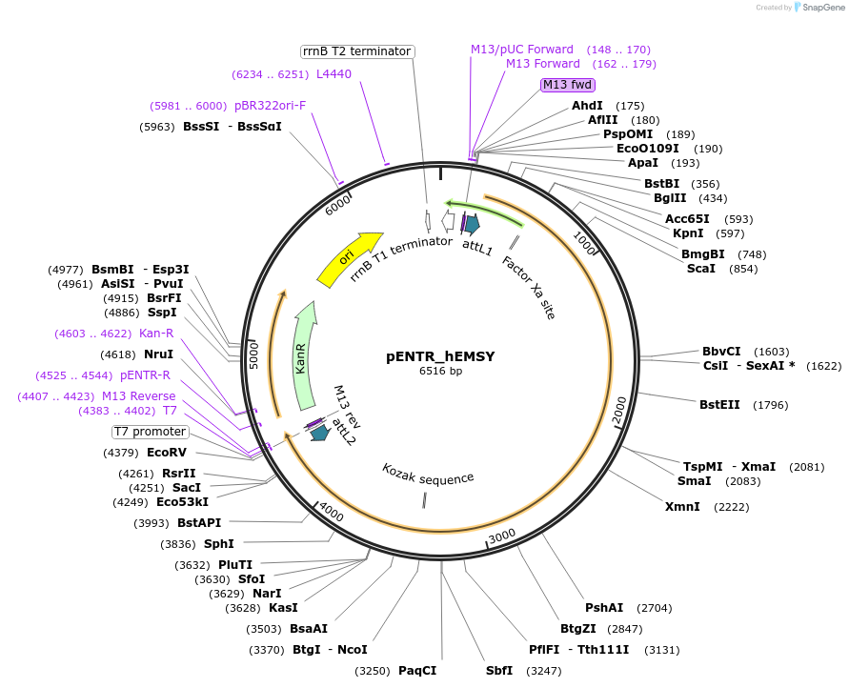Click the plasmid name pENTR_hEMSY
pos(440,356)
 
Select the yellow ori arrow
pos(349,258)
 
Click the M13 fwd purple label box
pos(566,85)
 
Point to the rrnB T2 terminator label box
pos(356,51)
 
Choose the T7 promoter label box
pos(151,432)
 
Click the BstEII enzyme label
pos(719,405)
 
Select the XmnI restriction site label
pos(682,506)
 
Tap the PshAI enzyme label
pos(604,608)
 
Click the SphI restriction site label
pos(218,544)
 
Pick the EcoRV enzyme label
pos(167,453)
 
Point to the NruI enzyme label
pos(158,354)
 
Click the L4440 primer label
pos(334,73)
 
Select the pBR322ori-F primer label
pos(271,106)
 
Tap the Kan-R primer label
pos(156,334)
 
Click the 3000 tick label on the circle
pos(501,536)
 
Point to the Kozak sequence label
pos(428,474)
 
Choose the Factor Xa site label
pos(529,287)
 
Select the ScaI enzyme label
pos(700,269)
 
